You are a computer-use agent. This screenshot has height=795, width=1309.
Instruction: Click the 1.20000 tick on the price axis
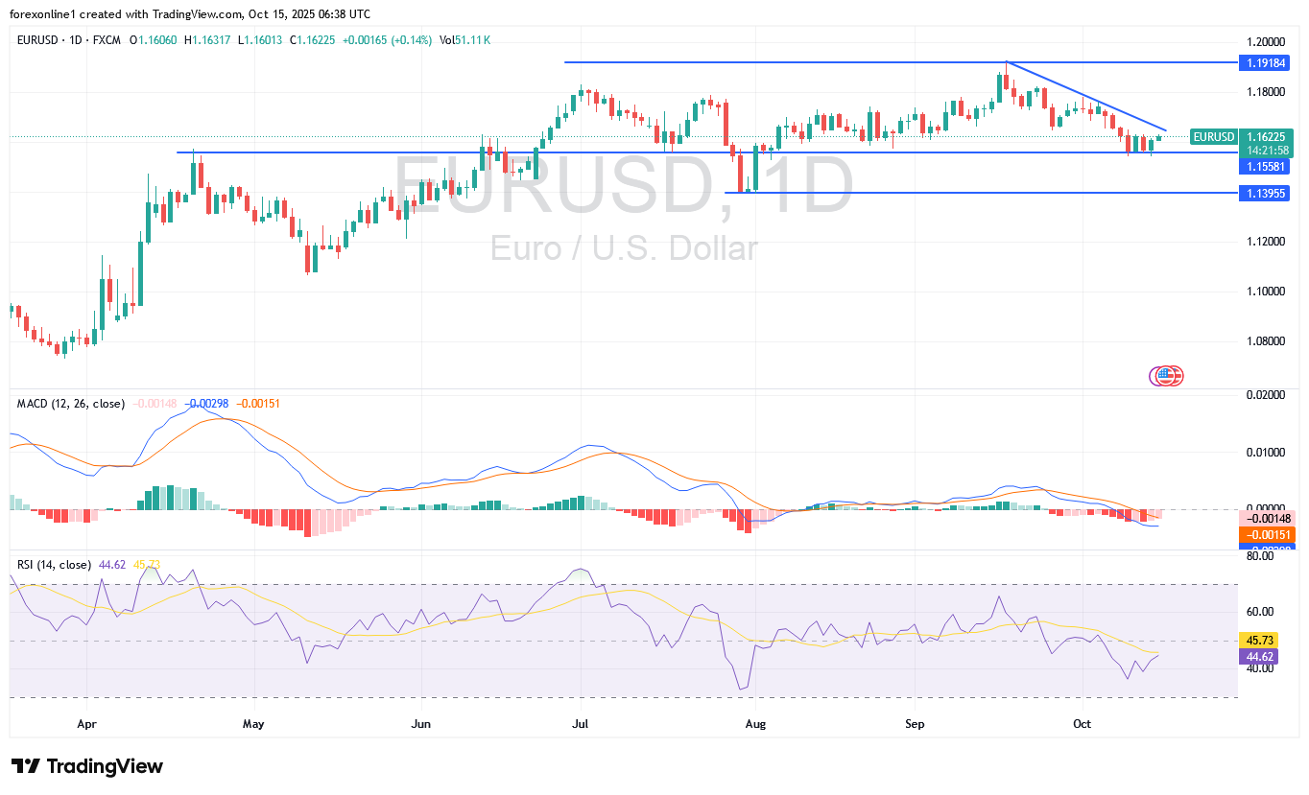point(1264,42)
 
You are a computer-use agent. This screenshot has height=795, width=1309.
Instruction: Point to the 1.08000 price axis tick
point(1264,340)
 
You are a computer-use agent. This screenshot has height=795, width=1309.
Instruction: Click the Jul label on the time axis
point(580,723)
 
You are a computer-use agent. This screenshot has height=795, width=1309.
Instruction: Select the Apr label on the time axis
point(87,723)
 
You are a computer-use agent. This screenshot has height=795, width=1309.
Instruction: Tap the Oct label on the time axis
point(1083,723)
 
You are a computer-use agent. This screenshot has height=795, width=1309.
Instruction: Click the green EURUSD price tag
point(1213,137)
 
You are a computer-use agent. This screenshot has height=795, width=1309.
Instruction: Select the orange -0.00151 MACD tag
point(1266,534)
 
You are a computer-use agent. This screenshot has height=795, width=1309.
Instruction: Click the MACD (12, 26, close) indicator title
point(71,404)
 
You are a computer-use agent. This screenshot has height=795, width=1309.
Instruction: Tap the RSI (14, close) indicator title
point(55,565)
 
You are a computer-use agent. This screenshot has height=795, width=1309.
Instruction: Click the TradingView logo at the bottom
point(87,766)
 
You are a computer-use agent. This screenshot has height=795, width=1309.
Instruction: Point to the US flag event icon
point(1167,376)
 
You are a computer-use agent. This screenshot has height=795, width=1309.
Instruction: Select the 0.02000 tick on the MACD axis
point(1264,394)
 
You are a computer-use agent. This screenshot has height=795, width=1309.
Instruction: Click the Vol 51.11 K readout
point(465,39)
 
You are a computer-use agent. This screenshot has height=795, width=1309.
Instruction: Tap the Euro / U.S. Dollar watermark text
point(624,249)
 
